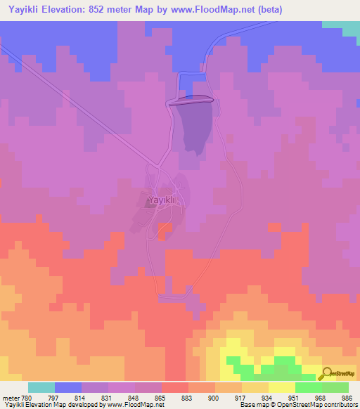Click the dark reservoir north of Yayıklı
tap(194, 126)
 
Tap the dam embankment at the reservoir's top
tap(190, 100)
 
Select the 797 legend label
tap(53, 397)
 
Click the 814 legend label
tap(81, 397)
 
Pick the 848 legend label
tap(134, 397)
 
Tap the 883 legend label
tap(188, 397)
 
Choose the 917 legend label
tap(241, 397)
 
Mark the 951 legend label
tap(295, 397)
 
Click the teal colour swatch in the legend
tap(41, 387)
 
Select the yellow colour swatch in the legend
tap(281, 387)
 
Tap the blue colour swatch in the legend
tap(68, 387)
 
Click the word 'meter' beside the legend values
tap(11, 397)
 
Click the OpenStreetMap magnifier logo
tap(327, 374)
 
